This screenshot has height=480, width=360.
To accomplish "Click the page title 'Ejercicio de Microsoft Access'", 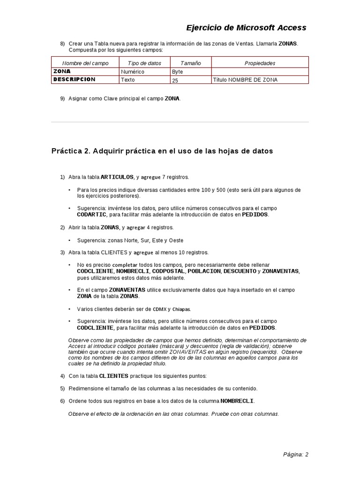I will pyautogui.click(x=246, y=28).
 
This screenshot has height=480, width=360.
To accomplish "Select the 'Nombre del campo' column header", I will pyautogui.click(x=85, y=63).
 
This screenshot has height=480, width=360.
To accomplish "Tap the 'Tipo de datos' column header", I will pyautogui.click(x=144, y=63).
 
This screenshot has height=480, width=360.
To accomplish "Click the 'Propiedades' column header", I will pyautogui.click(x=260, y=63).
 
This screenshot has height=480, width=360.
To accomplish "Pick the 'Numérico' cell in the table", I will pyautogui.click(x=133, y=72).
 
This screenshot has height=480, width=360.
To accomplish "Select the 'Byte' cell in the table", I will pyautogui.click(x=178, y=72).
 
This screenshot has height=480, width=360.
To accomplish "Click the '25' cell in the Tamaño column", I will pyautogui.click(x=176, y=80).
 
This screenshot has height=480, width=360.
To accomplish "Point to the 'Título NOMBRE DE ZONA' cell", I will pyautogui.click(x=245, y=80).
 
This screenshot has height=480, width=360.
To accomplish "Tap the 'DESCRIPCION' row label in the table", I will pyautogui.click(x=74, y=79).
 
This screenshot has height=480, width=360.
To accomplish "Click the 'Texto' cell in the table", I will pyautogui.click(x=127, y=80).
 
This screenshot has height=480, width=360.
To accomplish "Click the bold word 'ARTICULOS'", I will pyautogui.click(x=117, y=177).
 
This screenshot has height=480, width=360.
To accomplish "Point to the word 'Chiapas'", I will pyautogui.click(x=181, y=309).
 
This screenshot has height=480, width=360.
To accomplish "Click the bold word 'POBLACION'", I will pyautogui.click(x=204, y=271).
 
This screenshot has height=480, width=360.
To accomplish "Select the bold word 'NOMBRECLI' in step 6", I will pyautogui.click(x=237, y=401).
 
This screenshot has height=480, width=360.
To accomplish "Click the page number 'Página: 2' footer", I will pyautogui.click(x=295, y=454).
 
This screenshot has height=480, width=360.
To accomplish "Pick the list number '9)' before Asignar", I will pyautogui.click(x=62, y=98).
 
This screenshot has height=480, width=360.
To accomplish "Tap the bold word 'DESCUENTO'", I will pyautogui.click(x=240, y=271).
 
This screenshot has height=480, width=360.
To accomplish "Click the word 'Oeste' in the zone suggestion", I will pyautogui.click(x=176, y=240).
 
